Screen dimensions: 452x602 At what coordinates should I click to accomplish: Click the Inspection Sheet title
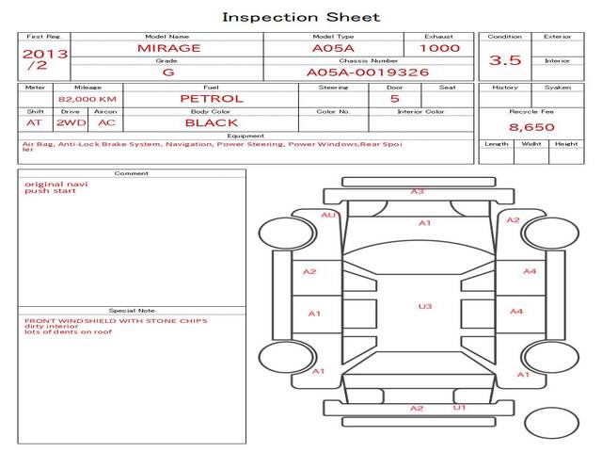(x=301, y=17)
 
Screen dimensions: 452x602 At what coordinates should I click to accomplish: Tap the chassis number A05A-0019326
(x=368, y=72)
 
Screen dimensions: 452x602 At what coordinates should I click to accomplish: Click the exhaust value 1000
(x=440, y=47)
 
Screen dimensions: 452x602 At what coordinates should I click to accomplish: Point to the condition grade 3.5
(x=505, y=60)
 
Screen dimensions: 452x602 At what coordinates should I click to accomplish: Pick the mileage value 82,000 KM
(x=87, y=98)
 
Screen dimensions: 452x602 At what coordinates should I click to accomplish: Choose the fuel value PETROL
(x=211, y=98)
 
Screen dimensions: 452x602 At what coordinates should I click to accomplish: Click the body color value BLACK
(x=211, y=122)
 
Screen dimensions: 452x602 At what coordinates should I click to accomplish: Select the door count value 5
(x=394, y=98)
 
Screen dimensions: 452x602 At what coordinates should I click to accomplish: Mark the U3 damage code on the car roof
(x=425, y=306)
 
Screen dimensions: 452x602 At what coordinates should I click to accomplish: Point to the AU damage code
(x=328, y=215)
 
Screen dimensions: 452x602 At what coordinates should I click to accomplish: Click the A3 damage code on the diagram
(x=417, y=191)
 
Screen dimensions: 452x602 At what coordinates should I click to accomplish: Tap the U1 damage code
(x=459, y=408)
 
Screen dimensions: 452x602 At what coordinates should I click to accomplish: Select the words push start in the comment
(x=42, y=191)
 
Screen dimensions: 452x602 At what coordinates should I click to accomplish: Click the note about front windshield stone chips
(x=116, y=320)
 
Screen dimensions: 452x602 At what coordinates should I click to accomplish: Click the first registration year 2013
(x=44, y=54)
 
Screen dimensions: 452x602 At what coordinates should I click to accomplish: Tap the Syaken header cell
(x=558, y=88)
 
